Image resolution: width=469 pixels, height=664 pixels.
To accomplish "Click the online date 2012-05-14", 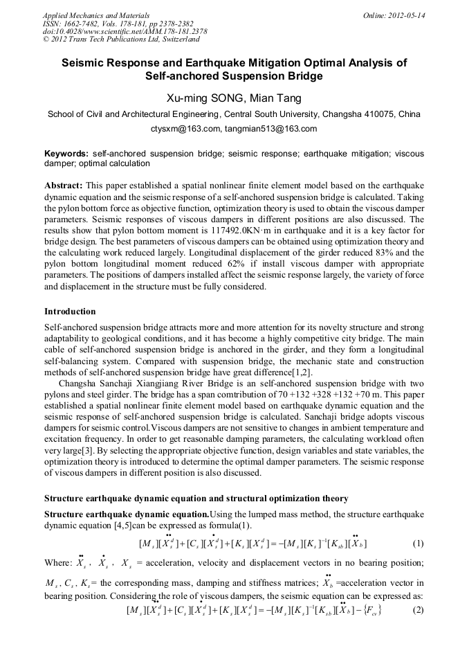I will click(x=409, y=15).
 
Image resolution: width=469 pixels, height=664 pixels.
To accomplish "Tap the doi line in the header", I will click(x=125, y=31).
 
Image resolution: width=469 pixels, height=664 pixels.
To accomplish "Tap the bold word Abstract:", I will click(x=64, y=186).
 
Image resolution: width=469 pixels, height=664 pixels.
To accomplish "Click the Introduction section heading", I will click(x=70, y=312).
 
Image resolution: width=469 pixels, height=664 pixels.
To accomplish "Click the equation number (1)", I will click(x=418, y=544).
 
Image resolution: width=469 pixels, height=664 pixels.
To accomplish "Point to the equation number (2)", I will click(x=418, y=610).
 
